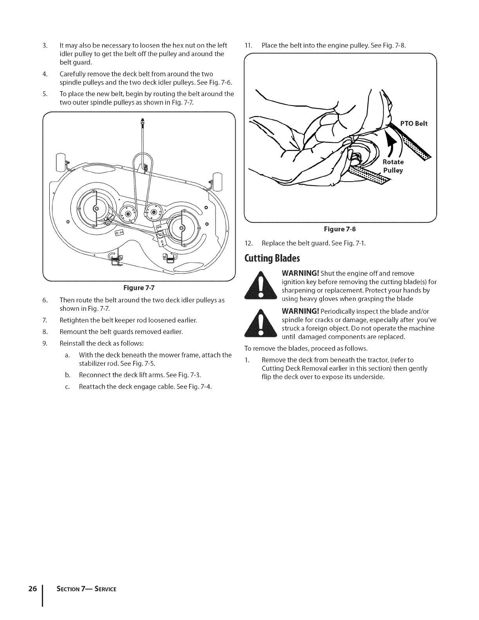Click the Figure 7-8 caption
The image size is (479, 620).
[x=340, y=229]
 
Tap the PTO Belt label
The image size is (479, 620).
[x=414, y=124]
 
